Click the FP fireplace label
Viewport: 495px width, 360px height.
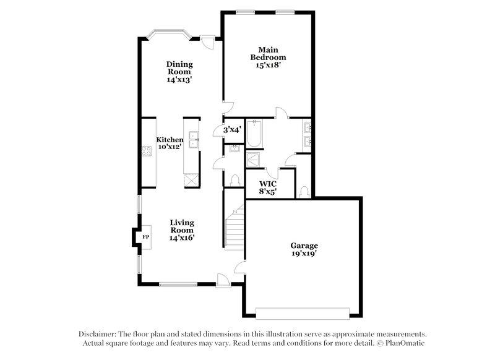coord(146,237)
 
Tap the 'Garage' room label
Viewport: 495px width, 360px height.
coord(304,245)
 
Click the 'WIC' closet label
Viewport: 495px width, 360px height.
coord(267,184)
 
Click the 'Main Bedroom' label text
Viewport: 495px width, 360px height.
coord(267,53)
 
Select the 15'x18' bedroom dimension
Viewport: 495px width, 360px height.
coord(267,64)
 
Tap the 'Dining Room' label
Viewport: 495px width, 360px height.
coord(179,67)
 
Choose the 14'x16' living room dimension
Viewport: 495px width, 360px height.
coord(182,238)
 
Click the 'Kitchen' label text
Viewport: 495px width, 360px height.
coord(169,140)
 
